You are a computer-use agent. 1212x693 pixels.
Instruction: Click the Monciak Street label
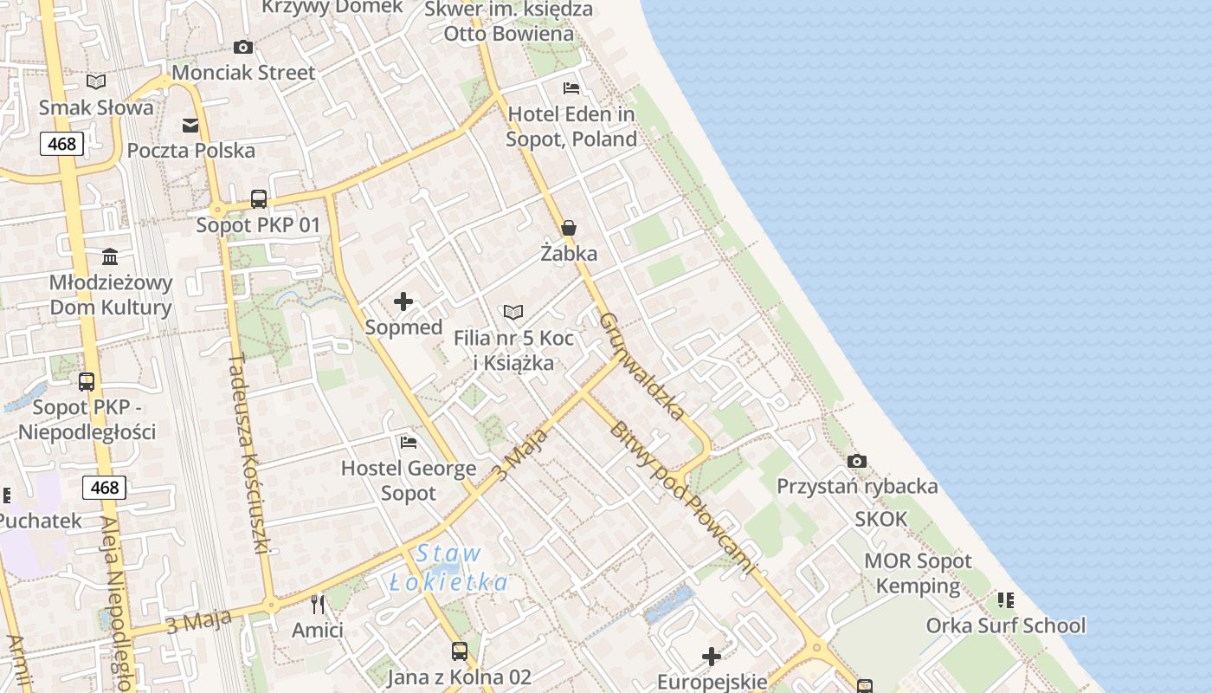pos(243,73)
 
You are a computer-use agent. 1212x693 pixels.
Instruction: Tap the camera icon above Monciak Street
pos(243,47)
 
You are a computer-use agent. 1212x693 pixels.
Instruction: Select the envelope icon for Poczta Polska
pos(190,126)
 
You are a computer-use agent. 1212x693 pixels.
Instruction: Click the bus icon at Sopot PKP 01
pos(258,199)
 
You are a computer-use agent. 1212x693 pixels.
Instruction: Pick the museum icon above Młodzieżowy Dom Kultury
pos(110,257)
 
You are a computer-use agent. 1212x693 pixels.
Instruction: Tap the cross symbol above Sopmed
pos(403,301)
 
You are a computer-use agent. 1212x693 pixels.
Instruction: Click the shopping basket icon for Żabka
pos(569,228)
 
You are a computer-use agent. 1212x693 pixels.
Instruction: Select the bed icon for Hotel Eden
pos(571,88)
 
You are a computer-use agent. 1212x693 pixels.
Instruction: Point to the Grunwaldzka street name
pos(641,366)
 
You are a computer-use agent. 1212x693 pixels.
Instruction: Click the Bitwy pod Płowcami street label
pos(680,497)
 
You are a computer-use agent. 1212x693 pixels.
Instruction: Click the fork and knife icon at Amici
pos(318,604)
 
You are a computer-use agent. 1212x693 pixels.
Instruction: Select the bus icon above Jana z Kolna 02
pos(459,651)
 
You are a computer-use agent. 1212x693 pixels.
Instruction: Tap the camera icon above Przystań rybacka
pos(856,461)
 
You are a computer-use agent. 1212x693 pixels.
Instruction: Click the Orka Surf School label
pos(1005,625)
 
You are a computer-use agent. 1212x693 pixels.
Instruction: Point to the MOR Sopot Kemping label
pos(918,573)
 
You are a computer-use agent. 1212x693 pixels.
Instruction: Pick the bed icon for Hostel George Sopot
pos(409,443)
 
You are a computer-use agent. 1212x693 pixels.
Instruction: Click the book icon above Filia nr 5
pos(513,312)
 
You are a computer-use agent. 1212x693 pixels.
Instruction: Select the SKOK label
pos(881,519)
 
